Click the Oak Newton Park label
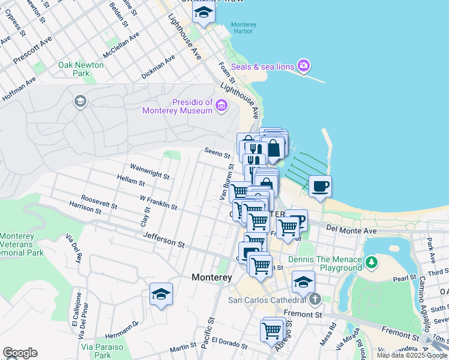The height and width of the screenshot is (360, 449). [74, 68]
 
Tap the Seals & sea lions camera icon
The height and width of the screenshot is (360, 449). [304, 65]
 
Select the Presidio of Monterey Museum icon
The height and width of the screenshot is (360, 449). [221, 106]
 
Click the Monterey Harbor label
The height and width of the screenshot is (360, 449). [244, 28]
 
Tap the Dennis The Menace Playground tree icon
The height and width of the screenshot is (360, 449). [372, 262]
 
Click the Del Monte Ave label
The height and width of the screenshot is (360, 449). [351, 229]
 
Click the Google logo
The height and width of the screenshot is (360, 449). [20, 353]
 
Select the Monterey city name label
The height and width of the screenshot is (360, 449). [211, 278]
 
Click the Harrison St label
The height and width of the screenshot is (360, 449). [85, 209]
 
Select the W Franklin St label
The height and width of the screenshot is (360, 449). [158, 202]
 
